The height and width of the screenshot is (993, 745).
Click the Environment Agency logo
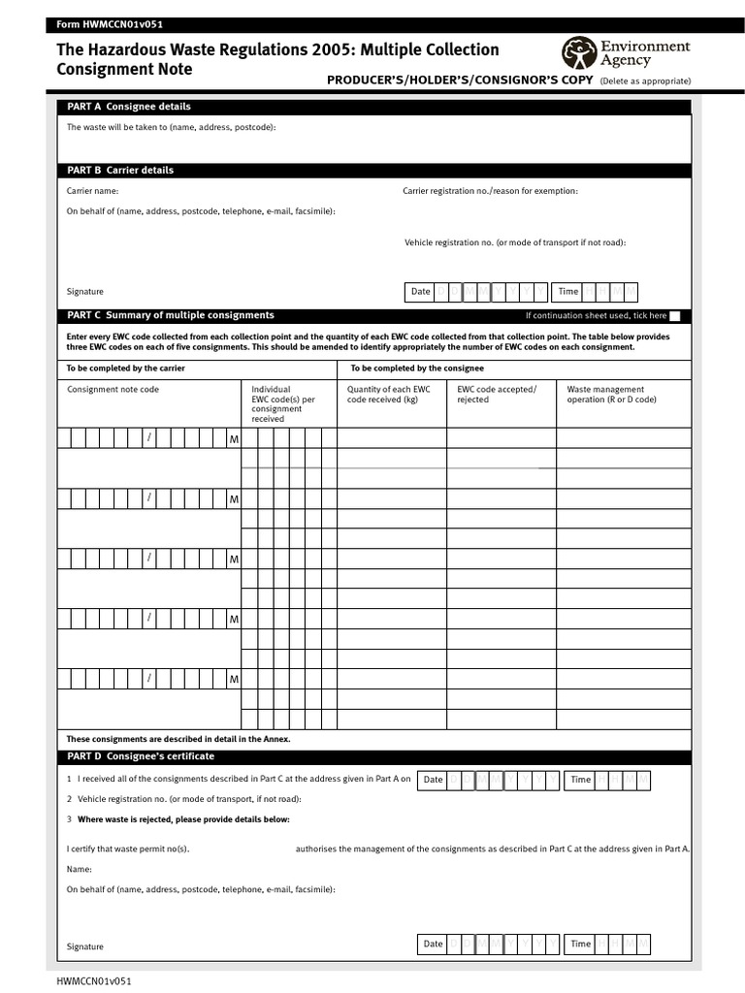coord(626,52)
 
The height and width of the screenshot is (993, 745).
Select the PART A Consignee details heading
coord(128,107)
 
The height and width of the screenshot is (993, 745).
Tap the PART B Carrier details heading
coord(120,170)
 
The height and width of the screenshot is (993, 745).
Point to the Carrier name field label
coord(92,191)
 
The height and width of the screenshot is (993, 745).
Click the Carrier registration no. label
coord(490,191)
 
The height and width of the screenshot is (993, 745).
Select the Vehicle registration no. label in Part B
coord(515,242)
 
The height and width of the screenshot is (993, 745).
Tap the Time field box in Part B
coord(597,292)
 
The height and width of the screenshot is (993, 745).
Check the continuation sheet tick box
coord(675,316)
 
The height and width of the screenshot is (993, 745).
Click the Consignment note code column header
coord(113,390)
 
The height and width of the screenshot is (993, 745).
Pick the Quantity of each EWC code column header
coord(388,394)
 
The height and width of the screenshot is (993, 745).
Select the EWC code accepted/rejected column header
coord(496,394)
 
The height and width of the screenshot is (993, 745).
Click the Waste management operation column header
coord(611,394)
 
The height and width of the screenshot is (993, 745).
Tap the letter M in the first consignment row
coord(233,440)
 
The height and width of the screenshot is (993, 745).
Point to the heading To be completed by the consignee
coord(417,368)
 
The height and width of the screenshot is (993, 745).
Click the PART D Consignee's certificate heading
coord(141,756)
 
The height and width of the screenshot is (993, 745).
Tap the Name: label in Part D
coord(80,870)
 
